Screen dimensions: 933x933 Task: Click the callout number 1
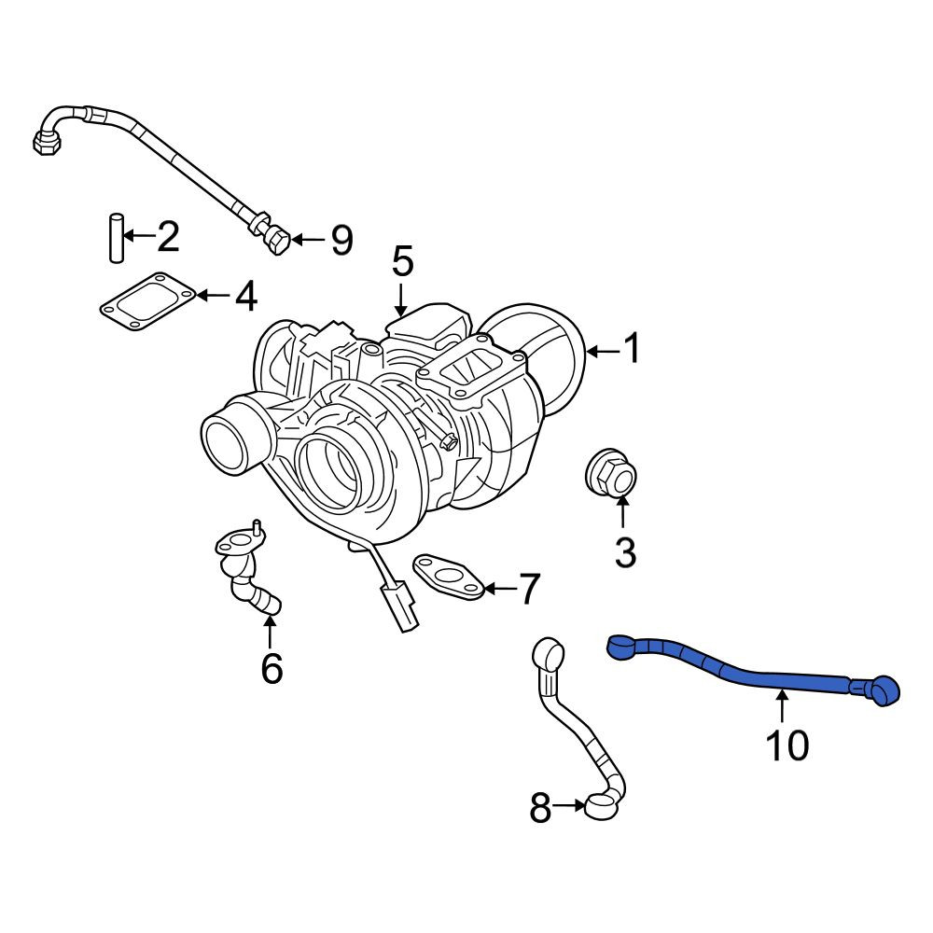pyautogui.click(x=632, y=348)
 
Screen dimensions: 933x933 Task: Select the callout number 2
pyautogui.click(x=167, y=236)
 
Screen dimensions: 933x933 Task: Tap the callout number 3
pyautogui.click(x=625, y=551)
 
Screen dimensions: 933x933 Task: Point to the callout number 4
pyautogui.click(x=245, y=296)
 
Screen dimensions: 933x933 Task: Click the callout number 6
pyautogui.click(x=272, y=668)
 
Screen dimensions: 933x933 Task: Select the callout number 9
pyautogui.click(x=341, y=240)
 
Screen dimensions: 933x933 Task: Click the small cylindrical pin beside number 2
pyautogui.click(x=117, y=237)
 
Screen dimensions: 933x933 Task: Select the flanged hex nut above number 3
pyautogui.click(x=611, y=472)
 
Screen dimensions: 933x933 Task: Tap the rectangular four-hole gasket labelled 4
pyautogui.click(x=147, y=301)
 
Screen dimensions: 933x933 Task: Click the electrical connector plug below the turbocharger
pyautogui.click(x=399, y=606)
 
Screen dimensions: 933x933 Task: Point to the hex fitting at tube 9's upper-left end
pyautogui.click(x=47, y=143)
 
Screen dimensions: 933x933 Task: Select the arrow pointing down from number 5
pyautogui.click(x=401, y=299)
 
